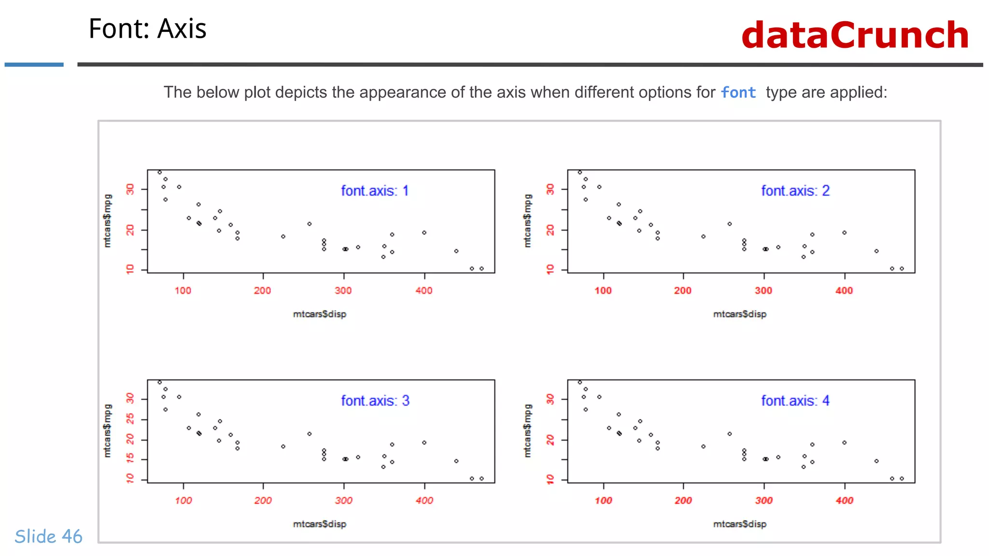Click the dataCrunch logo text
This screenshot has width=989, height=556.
[855, 35]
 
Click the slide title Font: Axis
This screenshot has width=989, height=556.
[147, 29]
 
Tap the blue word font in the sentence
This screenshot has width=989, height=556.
[738, 92]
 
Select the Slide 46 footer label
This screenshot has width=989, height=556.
[48, 536]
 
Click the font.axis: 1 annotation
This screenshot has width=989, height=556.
[375, 191]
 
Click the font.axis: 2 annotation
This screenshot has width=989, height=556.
[795, 191]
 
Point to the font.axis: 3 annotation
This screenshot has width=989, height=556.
[375, 401]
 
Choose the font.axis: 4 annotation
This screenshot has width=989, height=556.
[795, 401]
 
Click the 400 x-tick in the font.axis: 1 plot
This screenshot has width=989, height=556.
[424, 291]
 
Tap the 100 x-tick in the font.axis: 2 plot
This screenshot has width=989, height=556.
[603, 291]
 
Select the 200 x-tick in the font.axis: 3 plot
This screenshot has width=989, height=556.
[263, 500]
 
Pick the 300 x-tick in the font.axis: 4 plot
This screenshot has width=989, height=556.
[764, 500]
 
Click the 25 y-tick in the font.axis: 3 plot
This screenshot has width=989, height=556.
[130, 419]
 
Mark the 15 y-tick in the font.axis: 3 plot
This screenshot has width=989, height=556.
[130, 458]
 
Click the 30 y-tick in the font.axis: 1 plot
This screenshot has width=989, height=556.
[130, 189]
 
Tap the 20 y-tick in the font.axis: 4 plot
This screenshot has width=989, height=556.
[550, 440]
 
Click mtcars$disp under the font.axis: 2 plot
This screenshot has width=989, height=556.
[740, 314]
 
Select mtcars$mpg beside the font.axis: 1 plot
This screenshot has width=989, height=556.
[107, 221]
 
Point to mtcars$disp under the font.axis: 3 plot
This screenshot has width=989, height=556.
[320, 524]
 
